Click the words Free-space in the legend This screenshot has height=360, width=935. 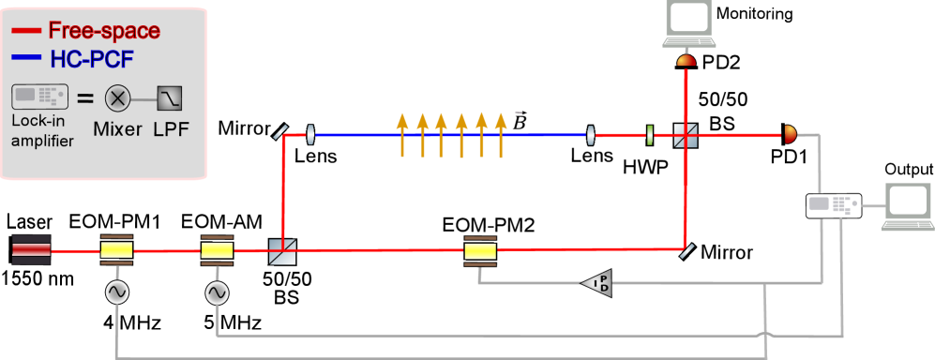click(103, 30)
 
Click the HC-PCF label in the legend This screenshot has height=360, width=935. click(91, 60)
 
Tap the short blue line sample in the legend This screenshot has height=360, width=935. click(26, 59)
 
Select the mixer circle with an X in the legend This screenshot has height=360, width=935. click(117, 97)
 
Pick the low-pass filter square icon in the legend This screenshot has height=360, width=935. click(169, 97)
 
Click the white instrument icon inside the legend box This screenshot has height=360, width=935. click(39, 97)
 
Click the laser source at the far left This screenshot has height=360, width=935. click(31, 250)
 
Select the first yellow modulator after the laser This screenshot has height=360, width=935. click(116, 250)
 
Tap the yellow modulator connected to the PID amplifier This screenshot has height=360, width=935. click(480, 250)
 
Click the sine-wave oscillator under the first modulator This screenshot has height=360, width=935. click(116, 292)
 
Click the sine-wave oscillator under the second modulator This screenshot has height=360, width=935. click(217, 293)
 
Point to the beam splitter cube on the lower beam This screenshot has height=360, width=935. click(282, 250)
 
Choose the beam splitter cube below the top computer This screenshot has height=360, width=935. click(686, 135)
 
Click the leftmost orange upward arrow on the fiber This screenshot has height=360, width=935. click(402, 133)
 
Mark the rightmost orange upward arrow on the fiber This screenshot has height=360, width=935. click(501, 133)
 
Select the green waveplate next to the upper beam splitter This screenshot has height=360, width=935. click(649, 136)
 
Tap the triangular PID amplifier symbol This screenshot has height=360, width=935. click(597, 281)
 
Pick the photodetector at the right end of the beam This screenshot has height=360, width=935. click(790, 134)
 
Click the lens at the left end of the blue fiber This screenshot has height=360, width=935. click(309, 136)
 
